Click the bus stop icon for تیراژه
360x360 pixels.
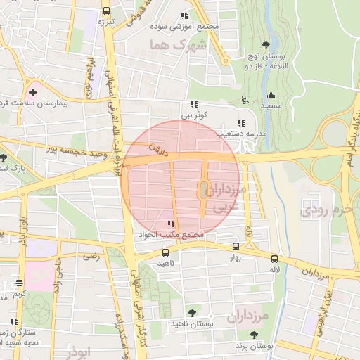click(105, 11)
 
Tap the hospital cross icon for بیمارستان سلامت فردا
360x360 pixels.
click(32, 91)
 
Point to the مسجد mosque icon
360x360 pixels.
click(271, 95)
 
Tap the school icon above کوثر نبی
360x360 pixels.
click(194, 104)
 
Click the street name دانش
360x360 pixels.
click(157, 148)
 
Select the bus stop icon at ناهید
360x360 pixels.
click(165, 252)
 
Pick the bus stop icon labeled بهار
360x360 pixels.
click(235, 247)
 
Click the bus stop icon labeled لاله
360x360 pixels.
click(274, 258)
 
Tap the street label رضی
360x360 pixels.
click(92, 258)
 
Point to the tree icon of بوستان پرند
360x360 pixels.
click(252, 335)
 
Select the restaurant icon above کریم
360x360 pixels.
click(19, 283)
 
